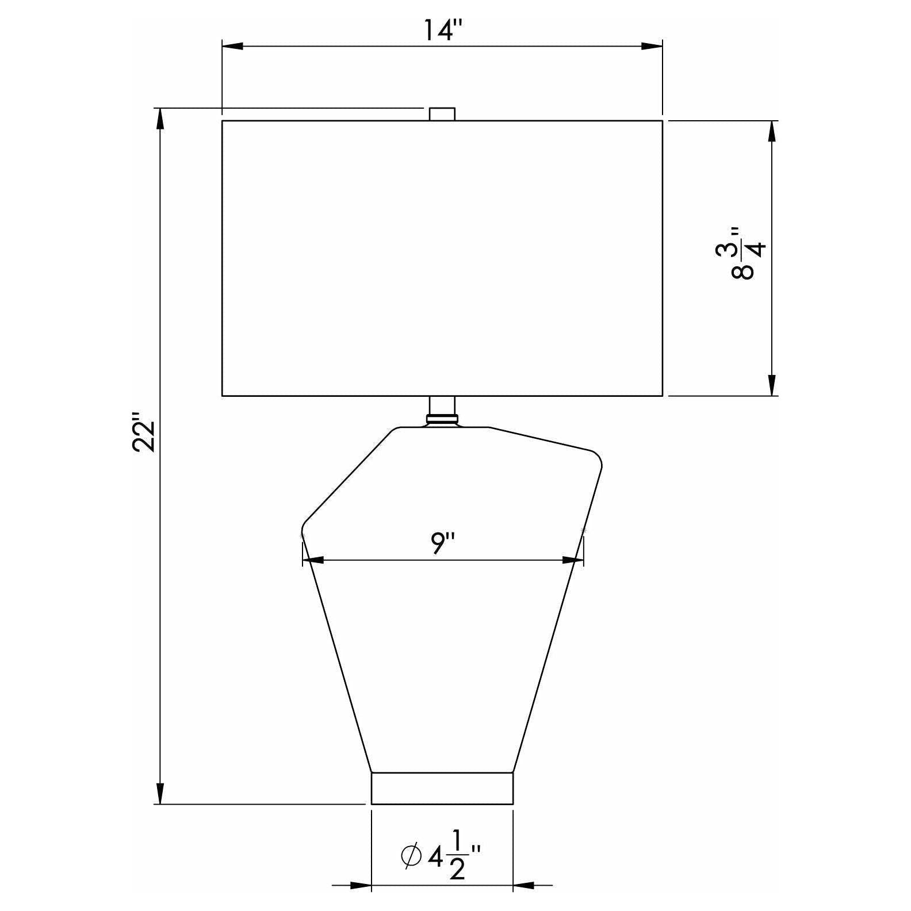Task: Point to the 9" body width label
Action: tap(443, 544)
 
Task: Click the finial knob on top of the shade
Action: tap(442, 114)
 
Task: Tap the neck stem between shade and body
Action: tap(442, 411)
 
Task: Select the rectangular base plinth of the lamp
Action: tap(442, 788)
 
